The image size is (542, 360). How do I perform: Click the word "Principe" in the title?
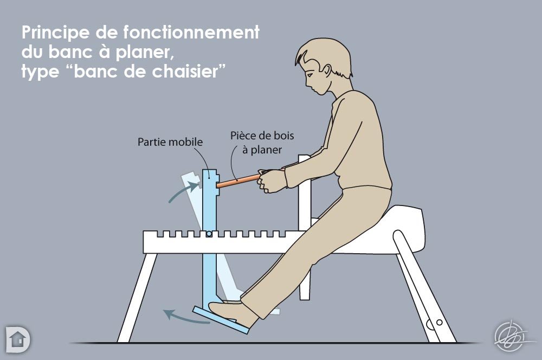pos(55,33)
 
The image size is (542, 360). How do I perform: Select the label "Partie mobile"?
pos(170,142)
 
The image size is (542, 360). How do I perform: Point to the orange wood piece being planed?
pos(238,181)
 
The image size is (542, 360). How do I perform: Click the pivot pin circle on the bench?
pos(209,234)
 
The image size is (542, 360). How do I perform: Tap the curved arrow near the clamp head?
pos(183,192)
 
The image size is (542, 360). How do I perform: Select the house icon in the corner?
pos(18,339)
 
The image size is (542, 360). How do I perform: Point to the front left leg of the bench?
pos(137,298)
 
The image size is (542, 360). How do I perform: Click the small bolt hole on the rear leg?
pos(440,322)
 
